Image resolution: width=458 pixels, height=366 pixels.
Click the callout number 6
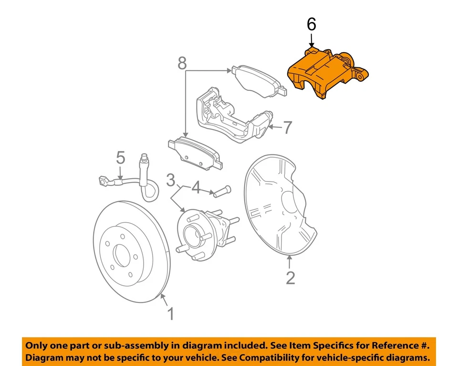coord(311,24)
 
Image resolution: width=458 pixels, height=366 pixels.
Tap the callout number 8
coord(182,62)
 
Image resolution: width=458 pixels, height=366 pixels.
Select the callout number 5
coord(120,158)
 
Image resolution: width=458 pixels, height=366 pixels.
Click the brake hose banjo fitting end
coord(103,181)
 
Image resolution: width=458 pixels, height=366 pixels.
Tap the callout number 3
coord(171,181)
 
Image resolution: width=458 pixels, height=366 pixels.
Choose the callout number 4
coord(196,188)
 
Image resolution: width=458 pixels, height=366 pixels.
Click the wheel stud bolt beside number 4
coord(222,192)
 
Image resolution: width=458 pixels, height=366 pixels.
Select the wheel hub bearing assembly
coord(200,232)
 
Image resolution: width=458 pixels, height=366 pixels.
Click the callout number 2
coord(291,278)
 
